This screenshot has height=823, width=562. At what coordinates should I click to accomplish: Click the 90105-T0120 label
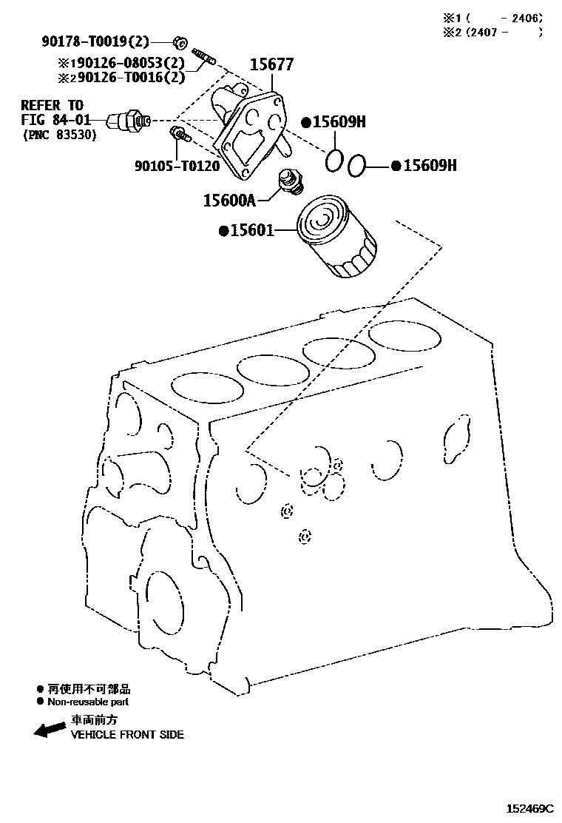tap(177, 166)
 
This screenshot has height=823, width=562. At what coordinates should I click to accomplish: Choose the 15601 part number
tap(251, 231)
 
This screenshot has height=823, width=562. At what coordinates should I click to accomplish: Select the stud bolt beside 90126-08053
tap(203, 55)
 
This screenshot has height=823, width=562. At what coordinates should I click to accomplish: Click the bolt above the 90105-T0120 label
tap(180, 135)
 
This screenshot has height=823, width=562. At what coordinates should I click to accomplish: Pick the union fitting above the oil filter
tap(288, 181)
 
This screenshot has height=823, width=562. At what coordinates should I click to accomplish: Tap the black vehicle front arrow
tap(50, 730)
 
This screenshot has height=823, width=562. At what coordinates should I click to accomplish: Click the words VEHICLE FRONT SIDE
tap(127, 735)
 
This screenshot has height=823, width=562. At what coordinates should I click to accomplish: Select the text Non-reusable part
tap(87, 702)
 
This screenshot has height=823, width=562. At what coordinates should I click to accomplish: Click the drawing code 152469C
tap(529, 809)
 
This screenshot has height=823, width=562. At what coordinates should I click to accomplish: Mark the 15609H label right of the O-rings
tap(429, 166)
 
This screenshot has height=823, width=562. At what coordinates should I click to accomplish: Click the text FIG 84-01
tap(55, 119)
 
